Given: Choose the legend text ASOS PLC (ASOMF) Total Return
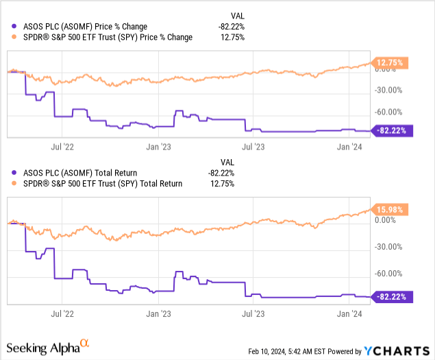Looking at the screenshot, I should [76, 173].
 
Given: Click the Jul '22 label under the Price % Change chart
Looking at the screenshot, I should [62, 145].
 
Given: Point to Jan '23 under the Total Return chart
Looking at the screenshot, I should [159, 313].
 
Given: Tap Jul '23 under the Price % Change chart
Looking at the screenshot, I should [256, 145].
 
